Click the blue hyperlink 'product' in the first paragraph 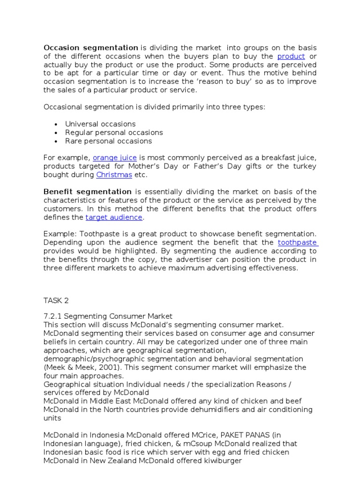[x=291, y=56]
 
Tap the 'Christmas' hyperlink [x=114, y=175]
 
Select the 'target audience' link [x=114, y=217]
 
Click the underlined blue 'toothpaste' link [x=298, y=242]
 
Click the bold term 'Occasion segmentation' [x=91, y=48]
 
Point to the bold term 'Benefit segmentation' [x=88, y=192]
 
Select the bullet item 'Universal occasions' [x=100, y=124]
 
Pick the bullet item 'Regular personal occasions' [x=114, y=133]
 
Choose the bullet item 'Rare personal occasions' [x=108, y=141]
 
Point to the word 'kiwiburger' [x=221, y=460]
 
